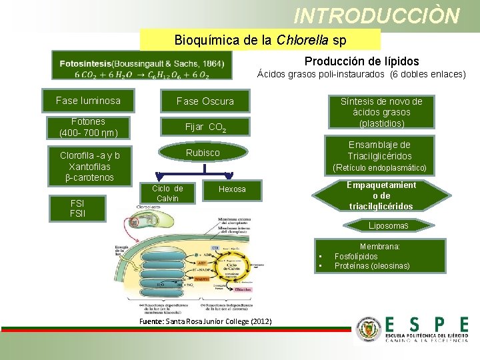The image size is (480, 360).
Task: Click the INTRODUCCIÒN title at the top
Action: [x=377, y=15]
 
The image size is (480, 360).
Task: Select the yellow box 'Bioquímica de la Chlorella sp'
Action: [x=260, y=40]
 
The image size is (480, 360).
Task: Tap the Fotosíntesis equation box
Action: [x=141, y=68]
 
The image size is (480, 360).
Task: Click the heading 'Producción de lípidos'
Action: [x=362, y=61]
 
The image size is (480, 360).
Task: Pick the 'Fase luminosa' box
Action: [x=88, y=101]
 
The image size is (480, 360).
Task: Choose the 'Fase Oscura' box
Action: [x=205, y=101]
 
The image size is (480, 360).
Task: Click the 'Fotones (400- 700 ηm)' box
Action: [x=88, y=127]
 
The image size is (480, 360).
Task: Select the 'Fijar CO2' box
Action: [x=205, y=127]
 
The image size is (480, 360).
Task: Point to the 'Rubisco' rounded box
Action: [x=203, y=153]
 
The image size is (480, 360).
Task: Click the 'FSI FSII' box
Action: [x=77, y=208]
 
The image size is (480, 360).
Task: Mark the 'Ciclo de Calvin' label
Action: [x=168, y=193]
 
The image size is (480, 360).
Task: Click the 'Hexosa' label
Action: [x=232, y=189]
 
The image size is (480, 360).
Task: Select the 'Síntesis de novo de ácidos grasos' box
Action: [x=381, y=112]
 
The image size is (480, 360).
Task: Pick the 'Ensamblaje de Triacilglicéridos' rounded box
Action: [x=379, y=155]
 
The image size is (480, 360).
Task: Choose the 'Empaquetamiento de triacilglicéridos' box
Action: [x=381, y=195]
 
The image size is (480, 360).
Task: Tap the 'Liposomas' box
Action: [x=389, y=227]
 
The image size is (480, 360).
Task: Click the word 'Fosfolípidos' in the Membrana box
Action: [x=356, y=256]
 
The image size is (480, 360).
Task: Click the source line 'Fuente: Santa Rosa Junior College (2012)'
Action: [x=205, y=321]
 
